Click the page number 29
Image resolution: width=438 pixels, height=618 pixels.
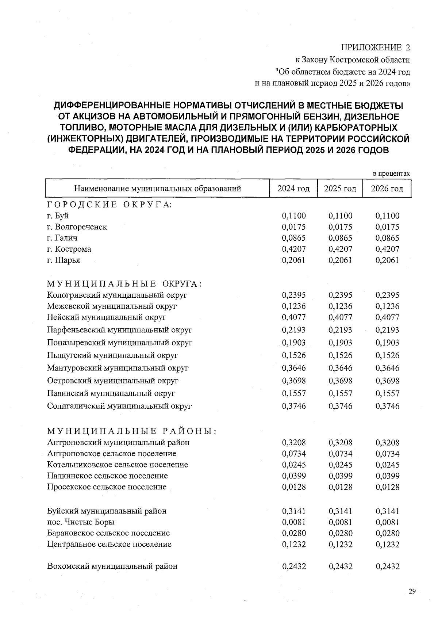412,592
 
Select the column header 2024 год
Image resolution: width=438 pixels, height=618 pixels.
293,189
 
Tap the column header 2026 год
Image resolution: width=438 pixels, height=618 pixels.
387,189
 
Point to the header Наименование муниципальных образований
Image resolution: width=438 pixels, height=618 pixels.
157,189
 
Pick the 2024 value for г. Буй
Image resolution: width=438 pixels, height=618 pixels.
294,216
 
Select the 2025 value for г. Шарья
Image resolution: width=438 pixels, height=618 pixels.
340,260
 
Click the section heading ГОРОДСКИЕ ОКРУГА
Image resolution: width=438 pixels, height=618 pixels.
109,205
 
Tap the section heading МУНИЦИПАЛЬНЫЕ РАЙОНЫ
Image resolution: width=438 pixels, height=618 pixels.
132,431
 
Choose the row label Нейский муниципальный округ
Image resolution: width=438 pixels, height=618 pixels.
107,317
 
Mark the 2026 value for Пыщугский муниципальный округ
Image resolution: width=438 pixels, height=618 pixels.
387,355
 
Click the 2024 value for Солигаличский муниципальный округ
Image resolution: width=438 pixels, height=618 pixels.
294,406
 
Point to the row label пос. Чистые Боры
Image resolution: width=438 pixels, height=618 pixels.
81,522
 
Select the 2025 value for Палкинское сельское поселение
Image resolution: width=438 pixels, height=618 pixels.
340,476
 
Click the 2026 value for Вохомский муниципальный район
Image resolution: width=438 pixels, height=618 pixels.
387,566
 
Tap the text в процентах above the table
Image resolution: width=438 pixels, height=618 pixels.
391,174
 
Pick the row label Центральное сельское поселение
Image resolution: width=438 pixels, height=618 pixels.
109,544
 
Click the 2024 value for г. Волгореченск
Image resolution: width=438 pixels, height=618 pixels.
294,227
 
